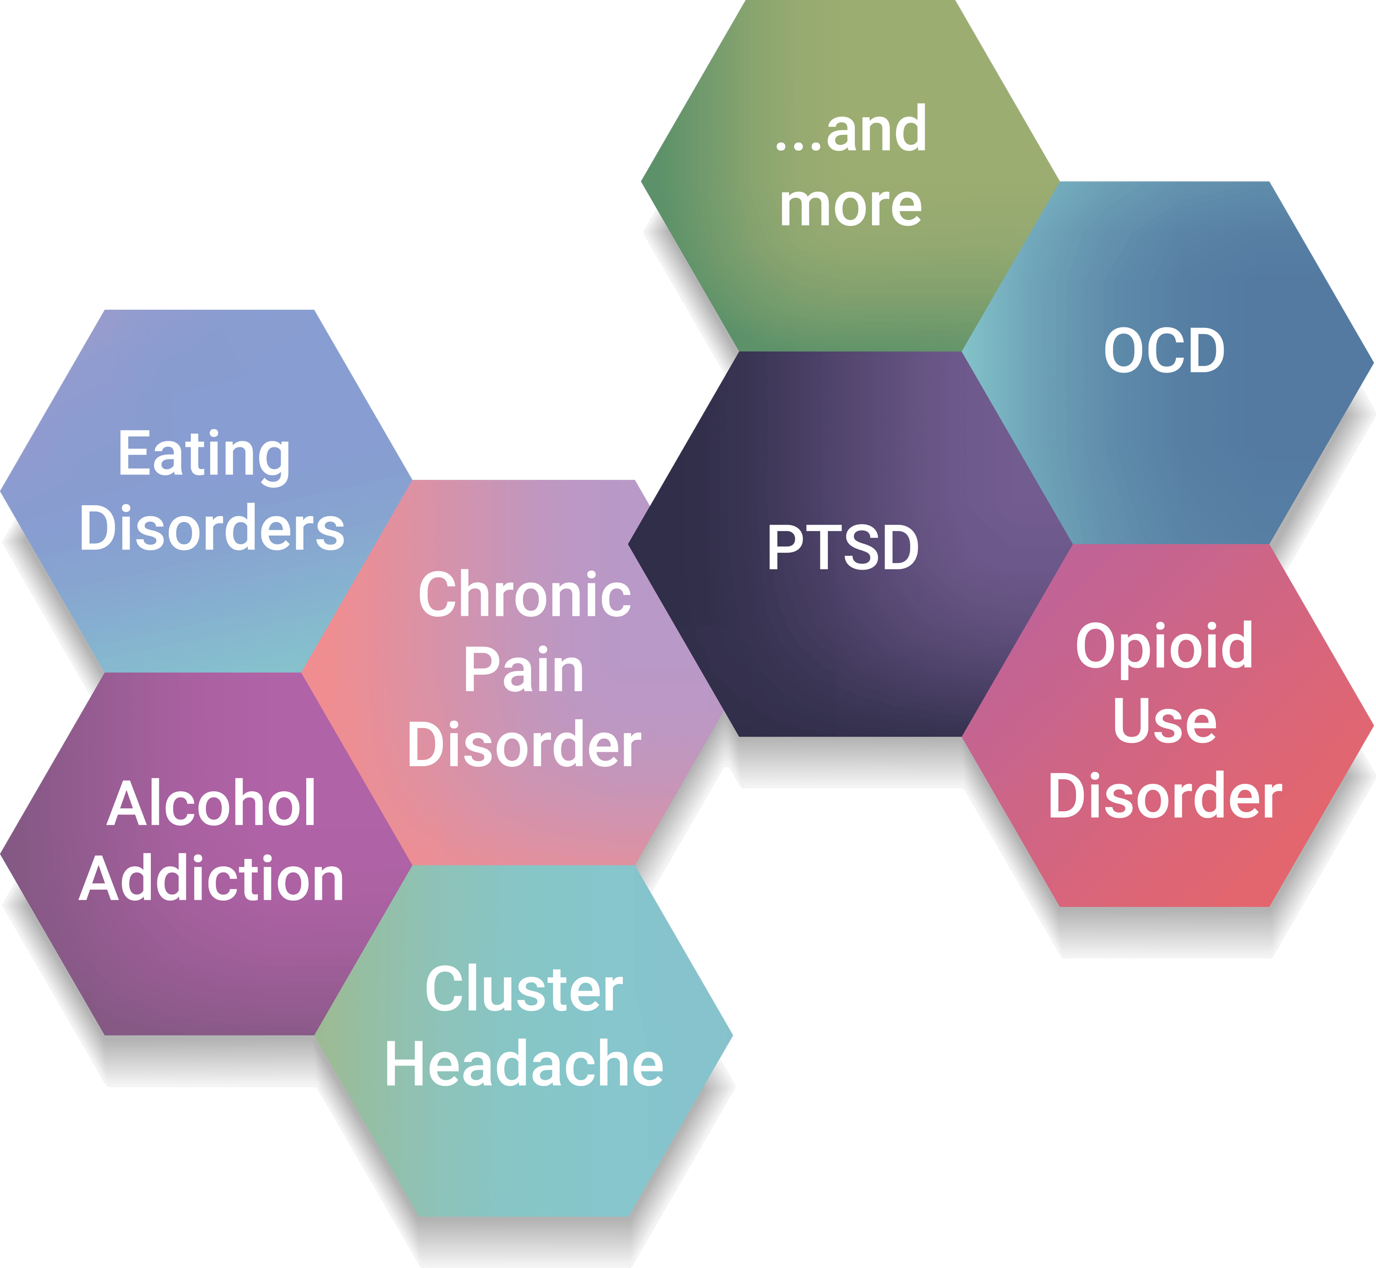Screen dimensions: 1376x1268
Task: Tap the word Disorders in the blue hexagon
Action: (x=211, y=528)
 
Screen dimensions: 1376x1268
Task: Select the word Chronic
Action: (x=525, y=595)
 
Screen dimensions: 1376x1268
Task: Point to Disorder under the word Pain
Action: (x=525, y=745)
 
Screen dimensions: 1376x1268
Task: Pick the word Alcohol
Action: (x=211, y=804)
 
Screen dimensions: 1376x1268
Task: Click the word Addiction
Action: (x=211, y=879)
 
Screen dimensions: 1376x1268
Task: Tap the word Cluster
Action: (x=525, y=990)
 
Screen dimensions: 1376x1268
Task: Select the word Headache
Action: (x=525, y=1064)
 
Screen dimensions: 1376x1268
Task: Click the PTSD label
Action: (x=843, y=548)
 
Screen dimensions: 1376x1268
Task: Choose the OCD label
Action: (x=1164, y=351)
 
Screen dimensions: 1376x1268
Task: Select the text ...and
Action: (x=850, y=130)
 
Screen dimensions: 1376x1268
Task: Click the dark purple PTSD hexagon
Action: (x=844, y=652)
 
